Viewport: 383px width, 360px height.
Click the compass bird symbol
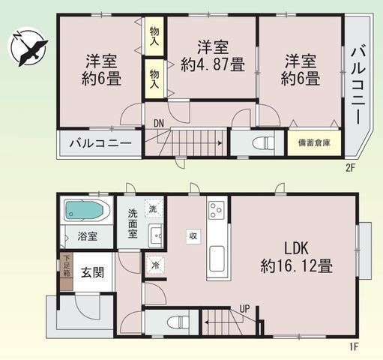pyautogui.click(x=27, y=47)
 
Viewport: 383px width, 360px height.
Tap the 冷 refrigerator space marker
pyautogui.click(x=155, y=265)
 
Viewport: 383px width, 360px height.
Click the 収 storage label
pyautogui.click(x=193, y=235)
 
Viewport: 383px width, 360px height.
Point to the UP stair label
pyautogui.click(x=244, y=308)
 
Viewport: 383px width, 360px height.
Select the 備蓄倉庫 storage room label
pyautogui.click(x=313, y=142)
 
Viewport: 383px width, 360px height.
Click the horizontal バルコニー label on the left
pyautogui.click(x=100, y=142)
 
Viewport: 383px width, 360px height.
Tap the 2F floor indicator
pyautogui.click(x=349, y=168)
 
